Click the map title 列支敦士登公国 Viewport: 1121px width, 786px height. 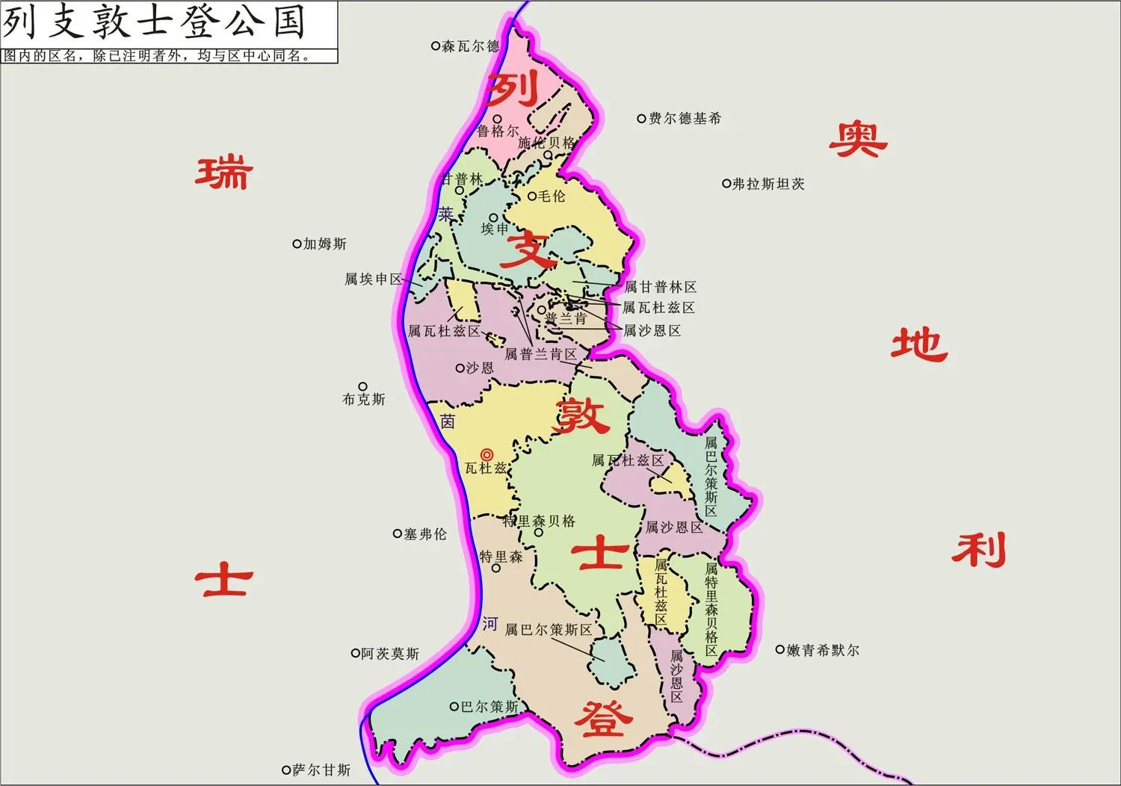[154, 22]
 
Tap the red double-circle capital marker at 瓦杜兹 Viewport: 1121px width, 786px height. [487, 454]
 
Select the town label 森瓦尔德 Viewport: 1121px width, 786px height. [470, 46]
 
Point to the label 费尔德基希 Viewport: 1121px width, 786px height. [685, 118]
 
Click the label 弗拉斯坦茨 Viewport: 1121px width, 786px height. [768, 184]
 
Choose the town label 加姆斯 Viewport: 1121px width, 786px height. [325, 244]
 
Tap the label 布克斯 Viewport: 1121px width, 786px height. [364, 400]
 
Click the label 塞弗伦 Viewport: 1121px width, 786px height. [425, 534]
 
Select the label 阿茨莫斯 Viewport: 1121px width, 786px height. [390, 654]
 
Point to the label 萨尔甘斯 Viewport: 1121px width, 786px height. [321, 770]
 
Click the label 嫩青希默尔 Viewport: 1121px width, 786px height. [823, 651]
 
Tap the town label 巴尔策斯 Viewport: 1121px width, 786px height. [490, 707]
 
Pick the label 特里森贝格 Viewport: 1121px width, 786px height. [539, 521]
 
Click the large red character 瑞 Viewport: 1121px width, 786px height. [223, 173]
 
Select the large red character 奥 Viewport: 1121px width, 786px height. [857, 139]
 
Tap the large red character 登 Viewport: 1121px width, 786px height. [603, 719]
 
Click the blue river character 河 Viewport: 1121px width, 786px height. [490, 624]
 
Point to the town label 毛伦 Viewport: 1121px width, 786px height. [552, 196]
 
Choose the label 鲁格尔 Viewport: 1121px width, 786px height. [498, 131]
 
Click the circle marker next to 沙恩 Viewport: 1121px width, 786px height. [460, 368]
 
